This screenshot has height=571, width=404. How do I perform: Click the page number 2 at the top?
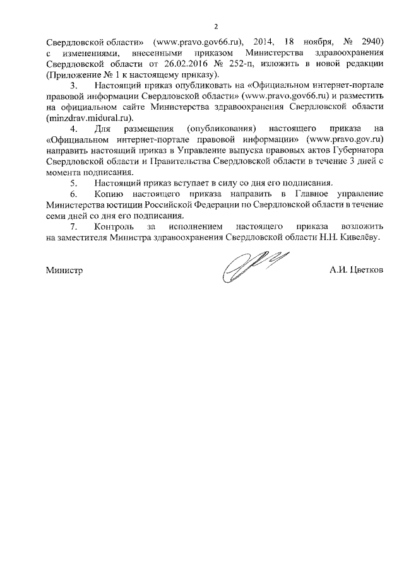point(215,26)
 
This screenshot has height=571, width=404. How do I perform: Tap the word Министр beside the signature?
point(64,269)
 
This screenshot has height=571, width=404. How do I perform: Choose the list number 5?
point(73,182)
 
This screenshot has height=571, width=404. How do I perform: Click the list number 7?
point(73,225)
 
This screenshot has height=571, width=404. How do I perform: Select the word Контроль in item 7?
point(113,225)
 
